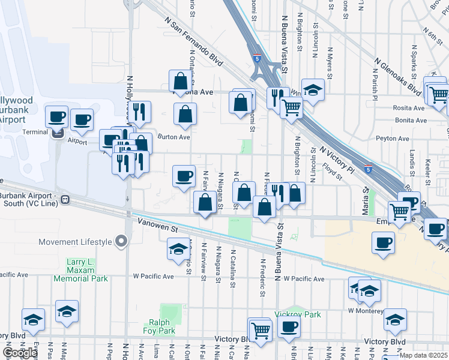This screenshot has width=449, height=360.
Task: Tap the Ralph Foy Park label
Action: (x=159, y=326)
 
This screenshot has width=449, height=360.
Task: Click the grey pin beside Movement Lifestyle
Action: (x=122, y=242)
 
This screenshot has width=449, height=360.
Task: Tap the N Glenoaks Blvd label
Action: (x=397, y=76)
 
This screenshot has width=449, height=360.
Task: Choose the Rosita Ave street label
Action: (x=410, y=108)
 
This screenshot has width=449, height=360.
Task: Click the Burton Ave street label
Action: (x=173, y=137)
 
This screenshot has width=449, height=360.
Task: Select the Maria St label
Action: (x=364, y=201)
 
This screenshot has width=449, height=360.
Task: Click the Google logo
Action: (x=19, y=353)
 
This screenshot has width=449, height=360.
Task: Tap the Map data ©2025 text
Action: (x=423, y=355)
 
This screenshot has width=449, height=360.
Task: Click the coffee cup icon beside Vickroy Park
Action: (x=289, y=326)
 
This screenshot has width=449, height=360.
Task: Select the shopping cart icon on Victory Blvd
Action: (x=260, y=329)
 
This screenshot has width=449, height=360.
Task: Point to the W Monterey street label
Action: (x=366, y=311)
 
